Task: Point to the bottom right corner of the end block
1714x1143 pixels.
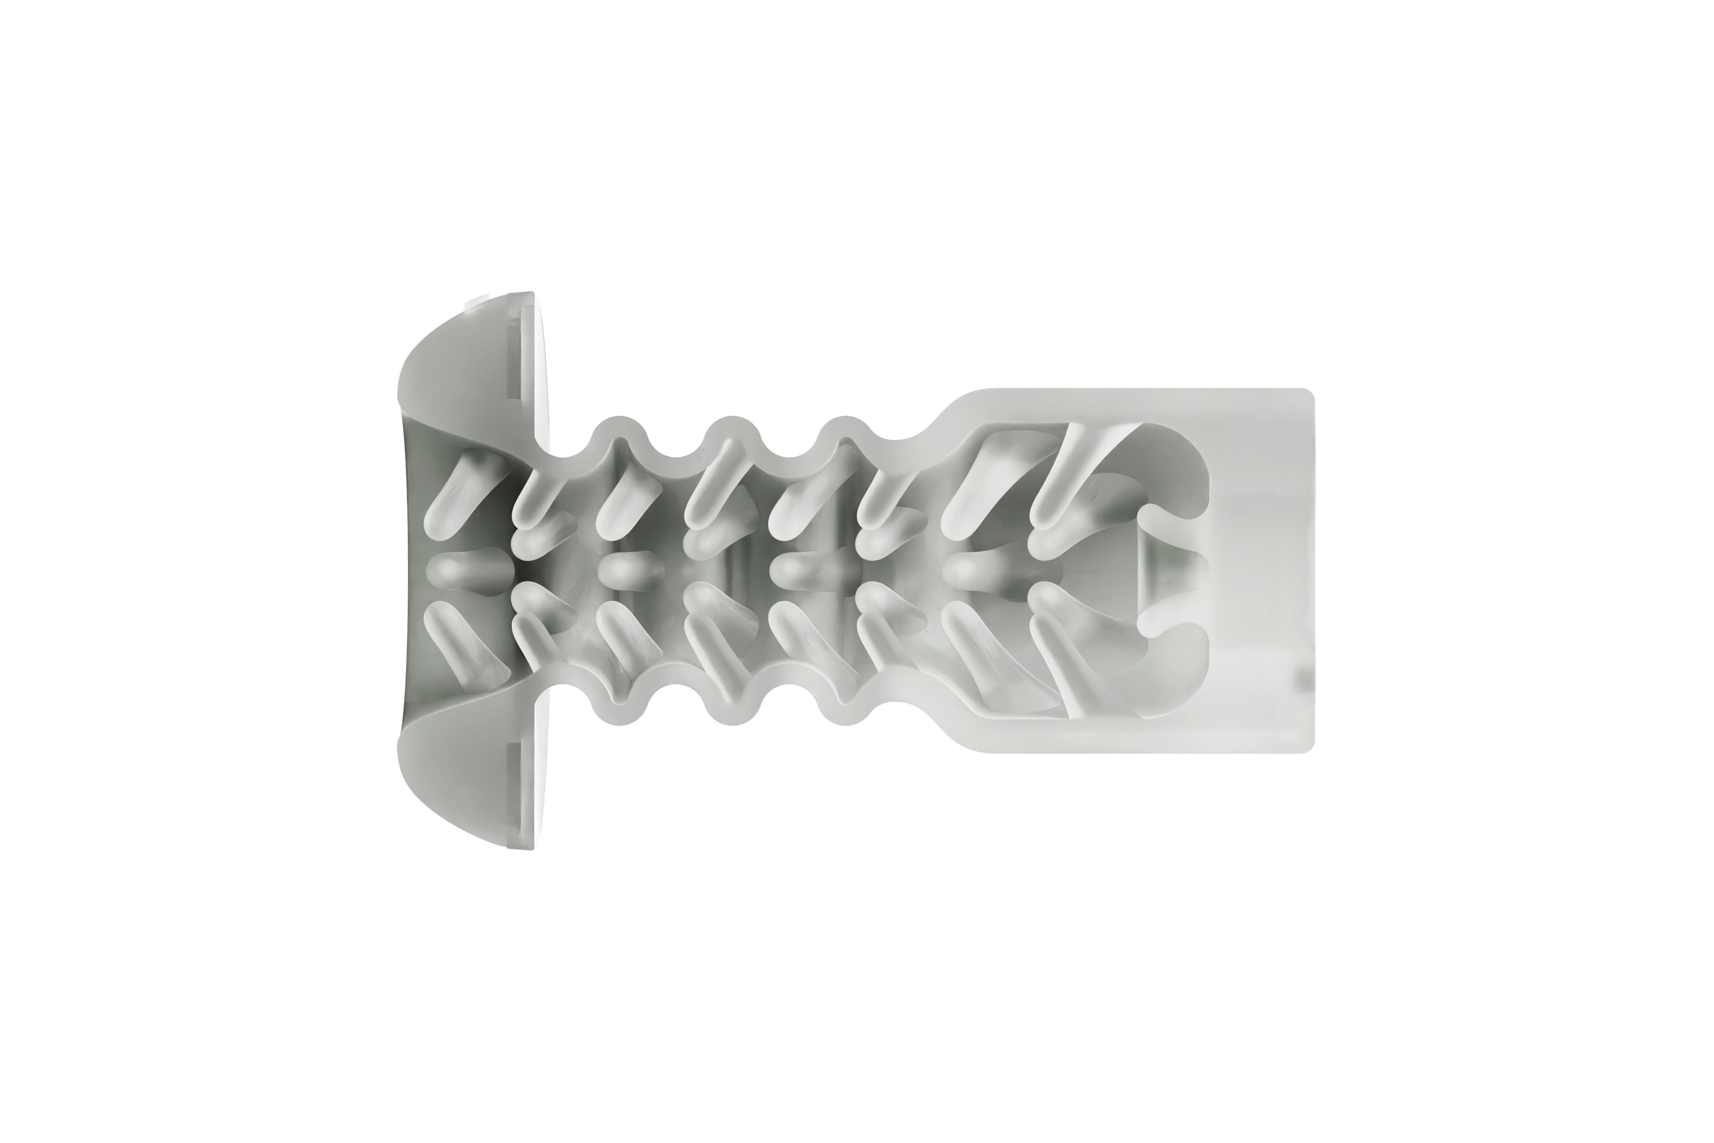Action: [x=1309, y=747]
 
